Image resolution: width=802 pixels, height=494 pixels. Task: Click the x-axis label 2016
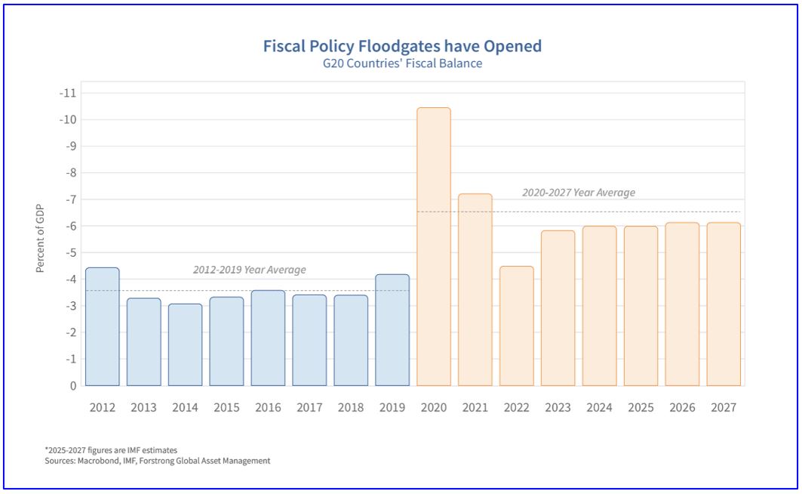coord(268,407)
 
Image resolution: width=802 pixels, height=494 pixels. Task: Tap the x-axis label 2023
coord(558,407)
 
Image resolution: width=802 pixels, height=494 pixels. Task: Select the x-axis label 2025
coord(641,407)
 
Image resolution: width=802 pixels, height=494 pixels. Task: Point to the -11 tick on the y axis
coord(68,93)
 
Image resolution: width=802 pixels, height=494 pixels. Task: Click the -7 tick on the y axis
coord(70,199)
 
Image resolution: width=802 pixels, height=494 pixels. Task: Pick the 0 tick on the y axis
coord(73,385)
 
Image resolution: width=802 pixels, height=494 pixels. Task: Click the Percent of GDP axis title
coord(40,238)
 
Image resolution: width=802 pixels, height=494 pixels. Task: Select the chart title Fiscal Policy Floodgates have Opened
coord(402,46)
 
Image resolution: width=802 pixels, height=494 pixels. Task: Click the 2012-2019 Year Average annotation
coord(250,270)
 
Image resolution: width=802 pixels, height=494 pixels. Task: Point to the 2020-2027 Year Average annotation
coord(579,193)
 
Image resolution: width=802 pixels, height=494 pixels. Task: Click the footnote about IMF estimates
coord(111,450)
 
